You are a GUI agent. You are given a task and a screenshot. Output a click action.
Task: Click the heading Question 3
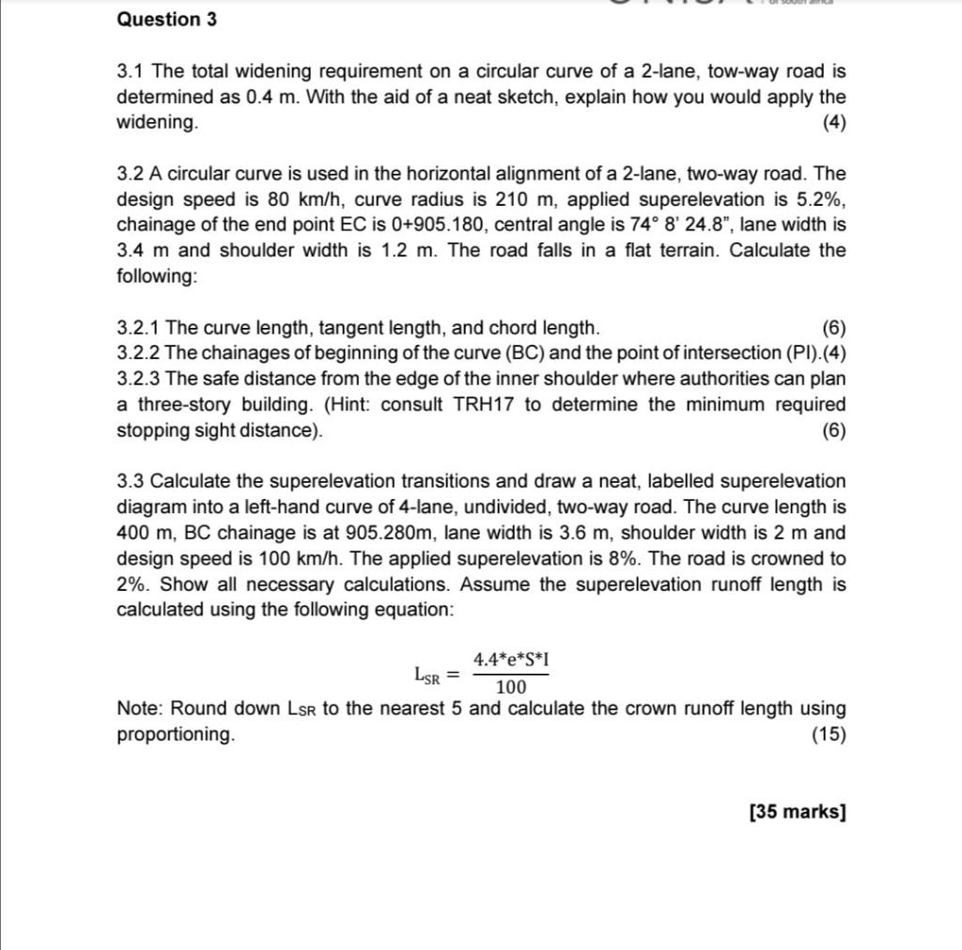tap(166, 20)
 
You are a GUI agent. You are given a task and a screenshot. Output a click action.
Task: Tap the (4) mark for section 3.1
tap(833, 123)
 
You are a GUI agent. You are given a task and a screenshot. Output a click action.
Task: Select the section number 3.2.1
tap(138, 328)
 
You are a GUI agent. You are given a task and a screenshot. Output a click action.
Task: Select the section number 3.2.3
tap(138, 380)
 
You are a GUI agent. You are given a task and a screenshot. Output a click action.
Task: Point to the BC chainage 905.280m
tap(392, 533)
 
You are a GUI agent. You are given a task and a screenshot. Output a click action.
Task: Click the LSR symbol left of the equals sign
tap(427, 675)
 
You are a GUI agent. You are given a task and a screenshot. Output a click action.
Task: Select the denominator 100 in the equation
tap(511, 688)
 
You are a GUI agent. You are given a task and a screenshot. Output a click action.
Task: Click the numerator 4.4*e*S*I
tap(511, 660)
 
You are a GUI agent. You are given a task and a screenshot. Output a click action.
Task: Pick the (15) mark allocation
tap(829, 735)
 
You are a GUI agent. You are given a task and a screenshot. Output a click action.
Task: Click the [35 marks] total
tap(798, 812)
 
